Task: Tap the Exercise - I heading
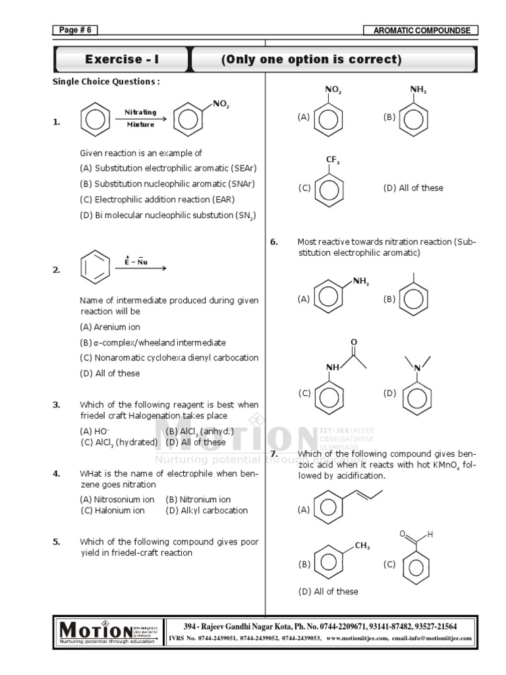(x=121, y=60)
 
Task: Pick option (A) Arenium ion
(x=110, y=327)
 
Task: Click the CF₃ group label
(x=333, y=160)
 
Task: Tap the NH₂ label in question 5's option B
(x=418, y=90)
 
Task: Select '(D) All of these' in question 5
(x=413, y=188)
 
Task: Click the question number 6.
(x=274, y=242)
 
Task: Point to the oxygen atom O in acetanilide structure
(x=354, y=342)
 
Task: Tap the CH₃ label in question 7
(x=362, y=546)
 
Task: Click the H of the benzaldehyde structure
(x=430, y=535)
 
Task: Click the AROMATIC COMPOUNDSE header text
(x=421, y=30)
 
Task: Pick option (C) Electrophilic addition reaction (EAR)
(x=157, y=199)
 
